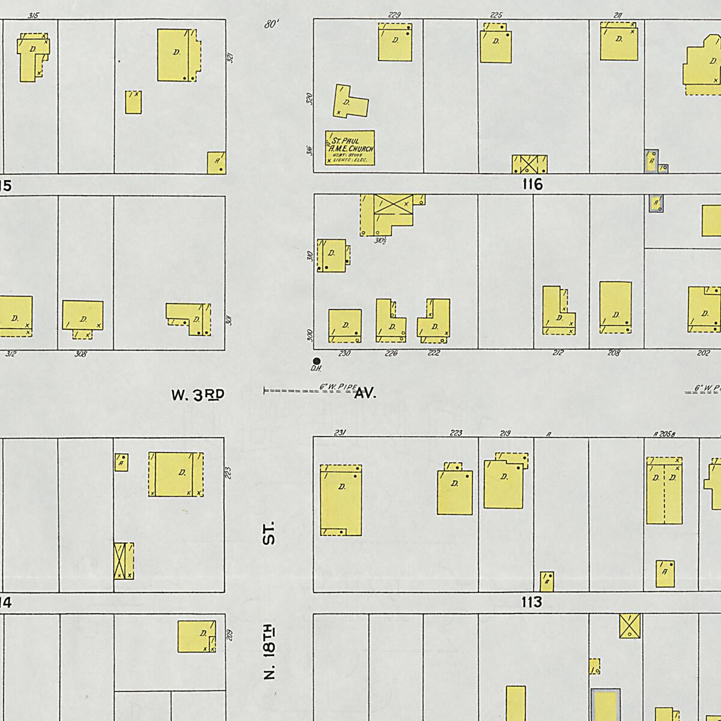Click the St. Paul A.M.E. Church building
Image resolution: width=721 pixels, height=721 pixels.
(x=350, y=148)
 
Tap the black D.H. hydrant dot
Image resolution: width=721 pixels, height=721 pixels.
(x=317, y=360)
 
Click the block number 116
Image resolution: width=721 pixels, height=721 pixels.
(x=532, y=184)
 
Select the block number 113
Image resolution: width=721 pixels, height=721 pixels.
(x=532, y=602)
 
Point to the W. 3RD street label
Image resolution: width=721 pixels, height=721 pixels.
(x=198, y=395)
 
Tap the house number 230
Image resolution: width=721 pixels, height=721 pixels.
(x=344, y=353)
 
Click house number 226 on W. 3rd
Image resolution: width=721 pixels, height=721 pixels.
(x=391, y=353)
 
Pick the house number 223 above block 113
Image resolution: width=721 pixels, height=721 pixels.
(x=457, y=433)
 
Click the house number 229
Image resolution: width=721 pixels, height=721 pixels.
(x=395, y=15)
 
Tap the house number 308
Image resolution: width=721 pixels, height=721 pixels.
(x=81, y=354)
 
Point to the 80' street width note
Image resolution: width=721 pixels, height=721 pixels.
(x=272, y=25)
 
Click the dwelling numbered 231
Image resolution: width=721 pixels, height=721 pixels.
(x=341, y=499)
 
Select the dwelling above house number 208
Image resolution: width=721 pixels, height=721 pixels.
(x=615, y=307)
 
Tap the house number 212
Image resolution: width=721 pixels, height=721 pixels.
(x=558, y=353)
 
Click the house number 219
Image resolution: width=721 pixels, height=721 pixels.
(x=505, y=433)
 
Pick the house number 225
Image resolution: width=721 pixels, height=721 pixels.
(x=496, y=15)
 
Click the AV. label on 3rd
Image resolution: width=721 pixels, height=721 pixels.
(x=365, y=394)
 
